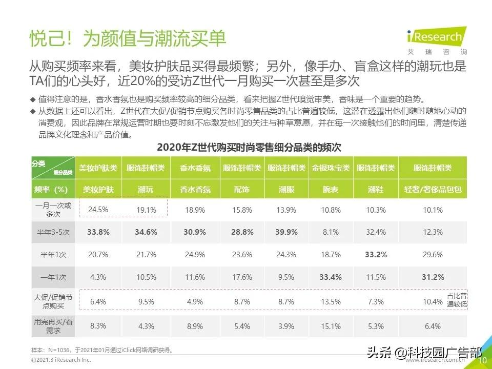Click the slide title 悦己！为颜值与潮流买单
pyautogui.click(x=128, y=39)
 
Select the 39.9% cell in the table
pyautogui.click(x=286, y=232)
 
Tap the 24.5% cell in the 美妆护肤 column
pyautogui.click(x=98, y=210)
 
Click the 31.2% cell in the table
pyautogui.click(x=433, y=277)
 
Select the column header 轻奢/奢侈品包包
pyautogui.click(x=433, y=189)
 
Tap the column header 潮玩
pyautogui.click(x=146, y=189)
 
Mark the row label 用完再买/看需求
pyautogui.click(x=53, y=326)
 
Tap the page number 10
pyautogui.click(x=482, y=361)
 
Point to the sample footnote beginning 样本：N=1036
pyautogui.click(x=102, y=350)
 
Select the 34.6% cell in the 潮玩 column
pyautogui.click(x=146, y=232)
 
